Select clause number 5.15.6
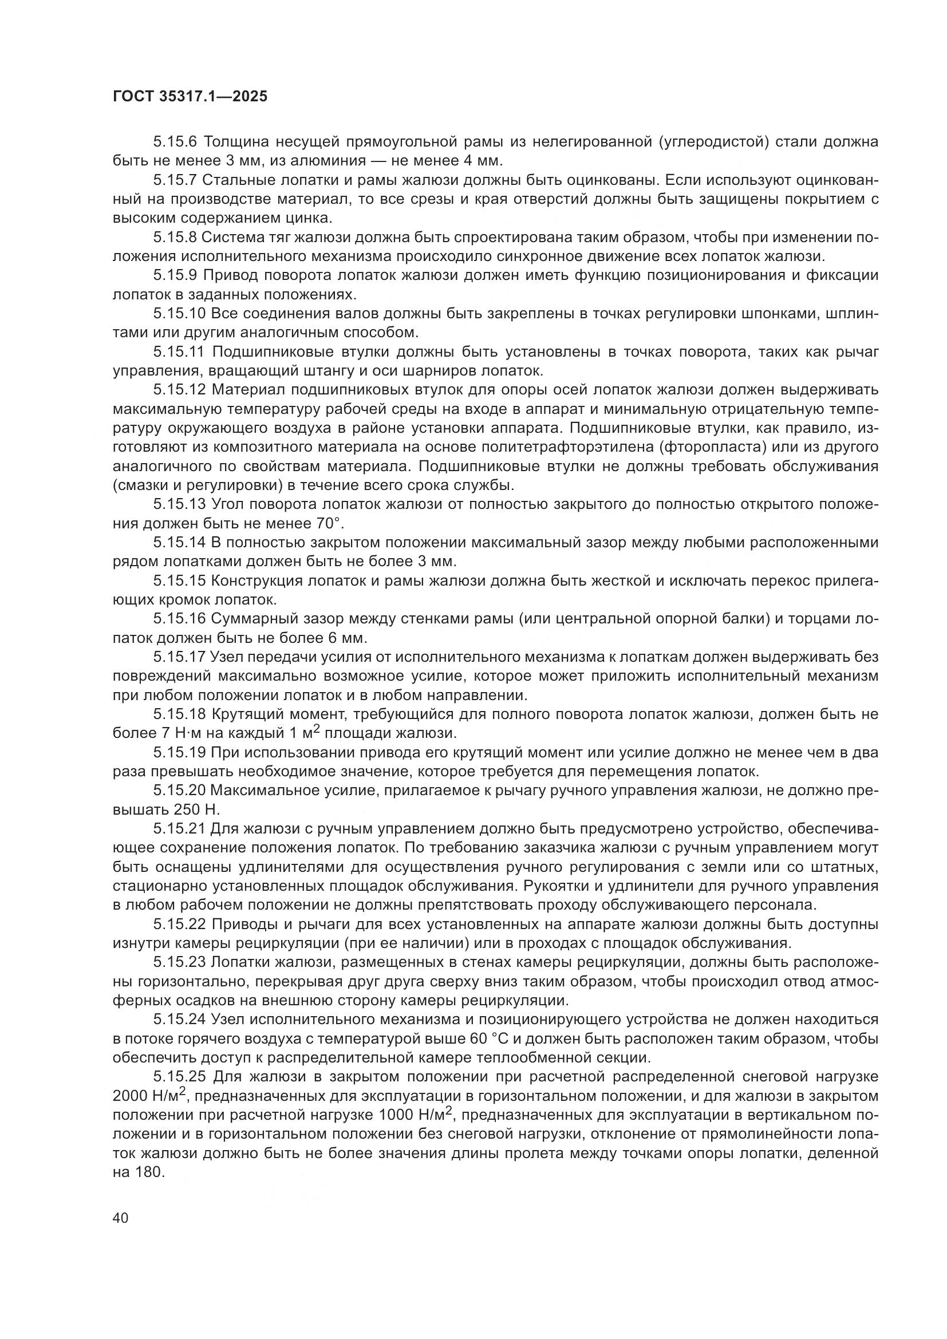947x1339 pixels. tap(177, 142)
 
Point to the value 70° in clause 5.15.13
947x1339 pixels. tap(329, 523)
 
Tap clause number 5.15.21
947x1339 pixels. tap(179, 829)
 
